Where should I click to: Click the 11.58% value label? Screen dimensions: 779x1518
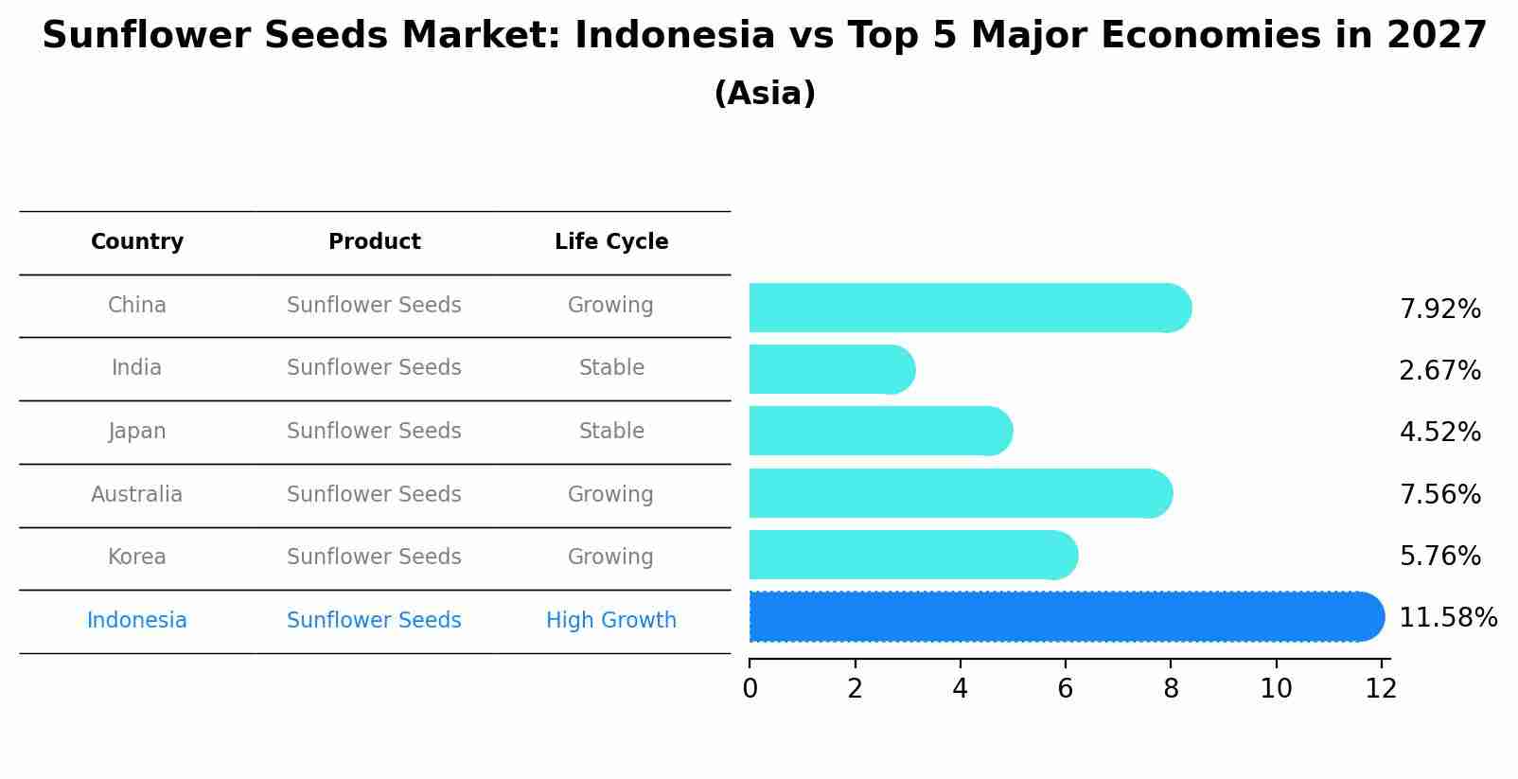pyautogui.click(x=1447, y=618)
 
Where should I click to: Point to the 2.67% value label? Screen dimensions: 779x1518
pyautogui.click(x=1439, y=371)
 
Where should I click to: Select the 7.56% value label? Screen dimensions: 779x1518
pyautogui.click(x=1439, y=494)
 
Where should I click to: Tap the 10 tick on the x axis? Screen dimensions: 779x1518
pyautogui.click(x=1276, y=688)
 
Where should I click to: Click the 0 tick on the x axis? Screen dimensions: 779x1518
pyautogui.click(x=750, y=688)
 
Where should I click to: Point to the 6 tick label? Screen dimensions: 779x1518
pyautogui.click(x=1066, y=688)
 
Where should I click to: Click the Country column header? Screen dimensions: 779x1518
pyautogui.click(x=137, y=242)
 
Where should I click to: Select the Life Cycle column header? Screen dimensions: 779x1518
pyautogui.click(x=611, y=242)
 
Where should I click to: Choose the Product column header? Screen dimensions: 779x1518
pyautogui.click(x=375, y=242)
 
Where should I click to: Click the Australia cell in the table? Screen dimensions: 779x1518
pyautogui.click(x=137, y=494)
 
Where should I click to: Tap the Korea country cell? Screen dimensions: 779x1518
pyautogui.click(x=137, y=557)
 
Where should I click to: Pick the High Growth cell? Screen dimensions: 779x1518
pyautogui.click(x=611, y=620)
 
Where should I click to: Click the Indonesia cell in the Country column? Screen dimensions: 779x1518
pyautogui.click(x=137, y=620)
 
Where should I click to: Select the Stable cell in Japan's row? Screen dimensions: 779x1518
pyautogui.click(x=611, y=432)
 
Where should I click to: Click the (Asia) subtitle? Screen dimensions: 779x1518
pyautogui.click(x=765, y=94)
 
